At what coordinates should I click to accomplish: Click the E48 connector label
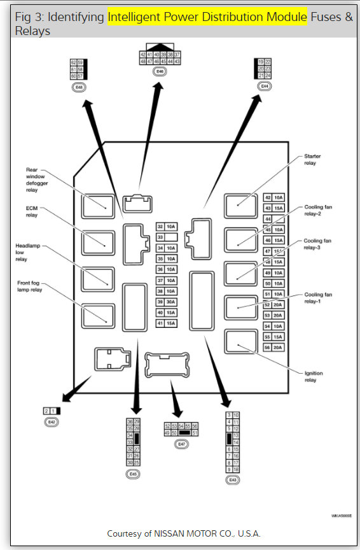pyautogui.click(x=78, y=86)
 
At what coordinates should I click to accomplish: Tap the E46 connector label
pyautogui.click(x=160, y=72)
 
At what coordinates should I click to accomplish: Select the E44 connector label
pyautogui.click(x=264, y=85)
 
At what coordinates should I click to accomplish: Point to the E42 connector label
pyautogui.click(x=52, y=421)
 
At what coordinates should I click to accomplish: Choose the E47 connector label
pyautogui.click(x=181, y=443)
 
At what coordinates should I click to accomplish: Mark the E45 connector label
pyautogui.click(x=134, y=474)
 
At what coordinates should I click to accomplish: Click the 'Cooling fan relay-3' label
pyautogui.click(x=318, y=244)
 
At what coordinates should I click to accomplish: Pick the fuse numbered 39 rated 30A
pyautogui.click(x=166, y=302)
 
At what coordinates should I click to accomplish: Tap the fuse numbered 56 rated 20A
pyautogui.click(x=272, y=347)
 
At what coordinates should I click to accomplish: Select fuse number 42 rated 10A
pyautogui.click(x=272, y=198)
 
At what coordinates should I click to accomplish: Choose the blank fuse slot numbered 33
pyautogui.click(x=166, y=237)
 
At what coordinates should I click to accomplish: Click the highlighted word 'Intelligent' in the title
pyautogui.click(x=137, y=17)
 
